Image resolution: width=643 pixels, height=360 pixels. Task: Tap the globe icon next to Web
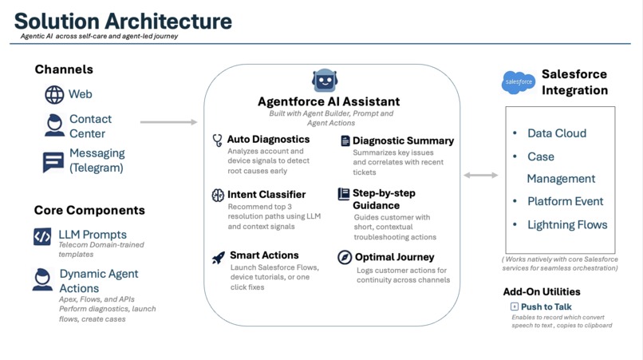[54, 94]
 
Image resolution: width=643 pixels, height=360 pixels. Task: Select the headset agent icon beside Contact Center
[54, 125]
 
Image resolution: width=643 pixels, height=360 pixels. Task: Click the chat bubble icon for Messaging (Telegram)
[53, 161]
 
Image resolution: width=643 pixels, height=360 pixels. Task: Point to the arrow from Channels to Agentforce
[168, 122]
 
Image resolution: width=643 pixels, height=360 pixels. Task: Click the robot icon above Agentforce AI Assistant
[325, 81]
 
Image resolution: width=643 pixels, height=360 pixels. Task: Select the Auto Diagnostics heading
[268, 139]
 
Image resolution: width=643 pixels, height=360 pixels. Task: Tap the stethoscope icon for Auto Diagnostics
[217, 140]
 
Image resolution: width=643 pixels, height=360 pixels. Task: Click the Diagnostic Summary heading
[403, 140]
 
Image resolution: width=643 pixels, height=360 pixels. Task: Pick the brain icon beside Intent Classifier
[218, 195]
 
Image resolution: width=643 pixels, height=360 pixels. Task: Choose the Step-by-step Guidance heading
[384, 199]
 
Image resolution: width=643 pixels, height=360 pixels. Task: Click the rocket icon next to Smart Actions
[218, 257]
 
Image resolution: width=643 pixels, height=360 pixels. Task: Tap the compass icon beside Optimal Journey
[345, 257]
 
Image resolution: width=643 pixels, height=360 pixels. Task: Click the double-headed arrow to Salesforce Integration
[480, 175]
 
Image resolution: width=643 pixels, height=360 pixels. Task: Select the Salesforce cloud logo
[518, 81]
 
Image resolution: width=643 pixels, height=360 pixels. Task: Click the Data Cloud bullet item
[556, 133]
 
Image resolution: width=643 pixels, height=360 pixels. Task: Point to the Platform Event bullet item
[565, 201]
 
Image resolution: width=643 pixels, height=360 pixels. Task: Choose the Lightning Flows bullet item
[566, 225]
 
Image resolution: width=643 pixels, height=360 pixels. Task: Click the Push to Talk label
[546, 307]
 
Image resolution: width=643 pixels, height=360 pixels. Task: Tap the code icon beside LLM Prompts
[42, 236]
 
